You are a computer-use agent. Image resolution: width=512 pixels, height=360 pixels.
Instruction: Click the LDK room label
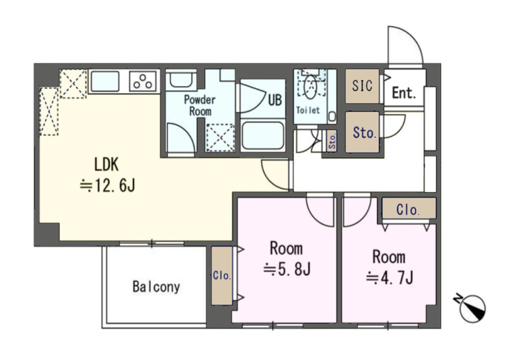coord(106,165)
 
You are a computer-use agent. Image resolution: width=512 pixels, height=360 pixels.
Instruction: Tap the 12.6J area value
coord(107,186)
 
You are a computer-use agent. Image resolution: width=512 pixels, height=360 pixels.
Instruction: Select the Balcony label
coord(156,287)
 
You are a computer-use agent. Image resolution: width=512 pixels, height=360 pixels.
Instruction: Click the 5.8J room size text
coord(287,270)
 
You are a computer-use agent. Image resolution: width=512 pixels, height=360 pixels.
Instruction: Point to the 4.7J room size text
coord(390,278)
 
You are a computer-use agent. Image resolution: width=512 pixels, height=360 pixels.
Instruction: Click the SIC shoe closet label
coord(362,85)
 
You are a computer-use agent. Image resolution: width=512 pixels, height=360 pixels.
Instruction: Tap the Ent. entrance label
coord(404,93)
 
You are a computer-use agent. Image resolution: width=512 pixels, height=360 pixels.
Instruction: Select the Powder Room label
coord(199,105)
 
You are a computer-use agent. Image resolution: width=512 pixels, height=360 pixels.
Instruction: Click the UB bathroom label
coord(274,100)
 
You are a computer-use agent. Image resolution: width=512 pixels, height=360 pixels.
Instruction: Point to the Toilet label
coord(308,110)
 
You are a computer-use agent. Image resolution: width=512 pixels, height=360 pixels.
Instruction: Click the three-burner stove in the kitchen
coord(143,81)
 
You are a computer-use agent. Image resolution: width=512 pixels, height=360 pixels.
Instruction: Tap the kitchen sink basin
coord(104,81)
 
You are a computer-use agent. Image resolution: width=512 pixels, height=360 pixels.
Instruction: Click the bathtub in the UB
coord(263,135)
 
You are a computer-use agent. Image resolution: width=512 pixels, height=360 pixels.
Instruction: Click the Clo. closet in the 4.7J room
coord(408,209)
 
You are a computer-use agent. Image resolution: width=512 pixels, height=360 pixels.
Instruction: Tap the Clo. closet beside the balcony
coord(222,275)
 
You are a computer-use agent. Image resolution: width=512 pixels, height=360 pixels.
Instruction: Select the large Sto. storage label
coord(364,133)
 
